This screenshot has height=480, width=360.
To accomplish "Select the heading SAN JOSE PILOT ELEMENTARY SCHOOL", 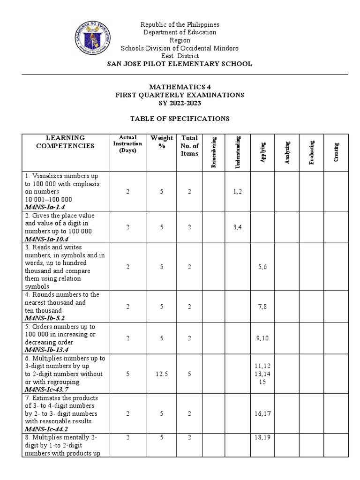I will pyautogui.click(x=180, y=64).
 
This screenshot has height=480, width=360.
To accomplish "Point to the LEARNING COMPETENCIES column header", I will pyautogui.click(x=65, y=142).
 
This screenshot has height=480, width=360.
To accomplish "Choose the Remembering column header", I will pyautogui.click(x=215, y=152).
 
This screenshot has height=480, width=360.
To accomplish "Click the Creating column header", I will pyautogui.click(x=336, y=152).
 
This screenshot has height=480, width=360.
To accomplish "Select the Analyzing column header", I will pyautogui.click(x=287, y=152).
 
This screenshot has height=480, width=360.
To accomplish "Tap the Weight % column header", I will pyautogui.click(x=162, y=142).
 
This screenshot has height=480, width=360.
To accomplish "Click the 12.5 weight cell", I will pyautogui.click(x=162, y=375).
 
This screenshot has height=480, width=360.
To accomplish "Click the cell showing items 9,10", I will pyautogui.click(x=262, y=338).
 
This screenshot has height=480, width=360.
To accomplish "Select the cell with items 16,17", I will pyautogui.click(x=262, y=413).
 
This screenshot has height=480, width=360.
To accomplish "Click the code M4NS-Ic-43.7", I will pyautogui.click(x=48, y=390).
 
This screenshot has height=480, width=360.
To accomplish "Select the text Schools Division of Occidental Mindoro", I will pyautogui.click(x=180, y=48).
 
